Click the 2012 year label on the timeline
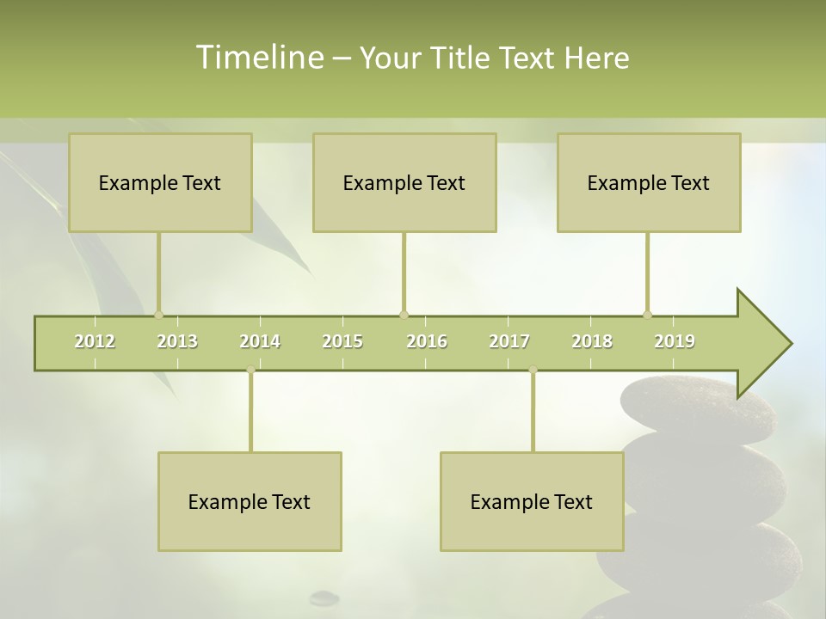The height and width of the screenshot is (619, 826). pyautogui.click(x=95, y=341)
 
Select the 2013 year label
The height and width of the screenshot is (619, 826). pyautogui.click(x=177, y=341)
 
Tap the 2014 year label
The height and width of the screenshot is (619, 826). pyautogui.click(x=260, y=341)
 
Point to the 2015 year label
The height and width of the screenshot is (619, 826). pyautogui.click(x=342, y=341)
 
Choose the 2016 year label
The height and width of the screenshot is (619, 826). pyautogui.click(x=427, y=341)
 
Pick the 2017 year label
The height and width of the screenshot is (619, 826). pyautogui.click(x=509, y=341)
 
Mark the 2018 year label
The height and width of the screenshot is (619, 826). pyautogui.click(x=592, y=341)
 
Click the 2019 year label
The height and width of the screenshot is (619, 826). pyautogui.click(x=675, y=341)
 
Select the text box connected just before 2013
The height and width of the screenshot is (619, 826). pyautogui.click(x=160, y=182)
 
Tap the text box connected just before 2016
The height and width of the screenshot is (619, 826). pyautogui.click(x=404, y=182)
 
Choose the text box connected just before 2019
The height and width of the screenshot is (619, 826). pyautogui.click(x=649, y=182)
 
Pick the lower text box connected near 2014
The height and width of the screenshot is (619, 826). pyautogui.click(x=250, y=501)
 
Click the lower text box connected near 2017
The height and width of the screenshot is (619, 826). pyautogui.click(x=532, y=501)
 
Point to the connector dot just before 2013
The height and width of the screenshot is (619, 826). pyautogui.click(x=158, y=315)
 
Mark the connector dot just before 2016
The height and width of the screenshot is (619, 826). pyautogui.click(x=404, y=315)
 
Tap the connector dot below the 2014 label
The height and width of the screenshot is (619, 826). pyautogui.click(x=250, y=370)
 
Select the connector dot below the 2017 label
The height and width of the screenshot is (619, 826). pyautogui.click(x=533, y=370)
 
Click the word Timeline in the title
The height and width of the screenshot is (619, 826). pyautogui.click(x=259, y=58)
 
